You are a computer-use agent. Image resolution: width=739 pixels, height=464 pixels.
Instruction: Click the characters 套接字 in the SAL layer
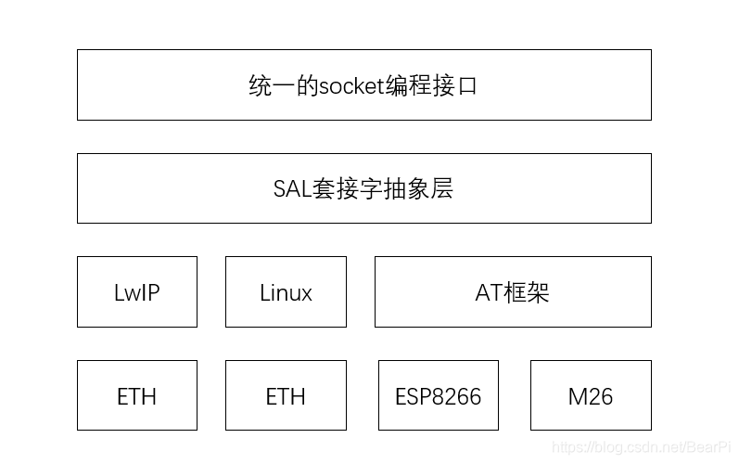[349, 189]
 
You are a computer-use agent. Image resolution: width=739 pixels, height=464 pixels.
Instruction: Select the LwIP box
[137, 292]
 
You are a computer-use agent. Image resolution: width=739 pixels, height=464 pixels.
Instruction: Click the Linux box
[286, 292]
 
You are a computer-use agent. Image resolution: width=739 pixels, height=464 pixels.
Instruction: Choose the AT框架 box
[513, 292]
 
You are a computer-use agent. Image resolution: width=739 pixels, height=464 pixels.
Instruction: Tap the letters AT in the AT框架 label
[489, 293]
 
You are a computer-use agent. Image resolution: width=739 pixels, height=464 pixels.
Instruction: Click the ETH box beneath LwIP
[137, 396]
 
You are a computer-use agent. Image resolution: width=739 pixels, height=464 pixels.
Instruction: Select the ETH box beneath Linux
[286, 396]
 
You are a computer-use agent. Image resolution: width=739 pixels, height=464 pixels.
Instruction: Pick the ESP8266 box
[439, 396]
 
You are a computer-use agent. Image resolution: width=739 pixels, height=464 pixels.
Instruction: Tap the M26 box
[591, 396]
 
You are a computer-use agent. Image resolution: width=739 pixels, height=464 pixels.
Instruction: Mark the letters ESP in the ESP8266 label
[412, 397]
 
